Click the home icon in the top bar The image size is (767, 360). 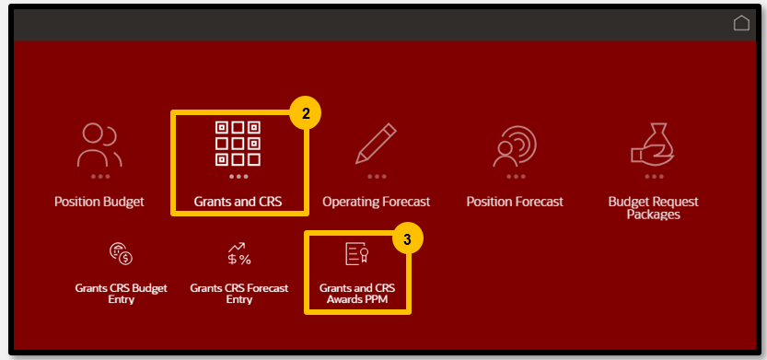(x=741, y=23)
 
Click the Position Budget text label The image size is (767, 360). (x=99, y=201)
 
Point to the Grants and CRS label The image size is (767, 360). (x=238, y=201)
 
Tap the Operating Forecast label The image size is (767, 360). (x=376, y=201)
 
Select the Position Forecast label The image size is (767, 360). (x=515, y=201)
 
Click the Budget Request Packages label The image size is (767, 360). (x=654, y=207)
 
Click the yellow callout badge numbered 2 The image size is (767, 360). (x=305, y=114)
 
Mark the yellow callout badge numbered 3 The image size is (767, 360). (x=407, y=239)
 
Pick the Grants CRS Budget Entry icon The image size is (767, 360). (x=121, y=253)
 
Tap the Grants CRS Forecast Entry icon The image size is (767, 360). (x=238, y=253)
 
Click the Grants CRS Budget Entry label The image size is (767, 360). (x=121, y=294)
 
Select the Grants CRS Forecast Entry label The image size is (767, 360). (x=238, y=294)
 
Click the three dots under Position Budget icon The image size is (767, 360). (x=99, y=176)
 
